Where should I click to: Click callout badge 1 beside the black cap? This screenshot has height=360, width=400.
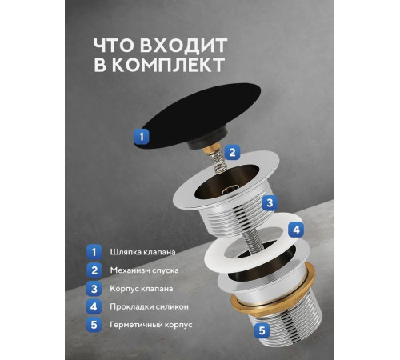[x=142, y=136]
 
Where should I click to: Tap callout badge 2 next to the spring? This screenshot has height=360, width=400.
[x=231, y=152]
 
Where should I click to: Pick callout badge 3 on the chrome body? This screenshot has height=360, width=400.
[x=270, y=203]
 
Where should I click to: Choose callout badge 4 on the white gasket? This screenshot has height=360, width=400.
[x=295, y=229]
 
